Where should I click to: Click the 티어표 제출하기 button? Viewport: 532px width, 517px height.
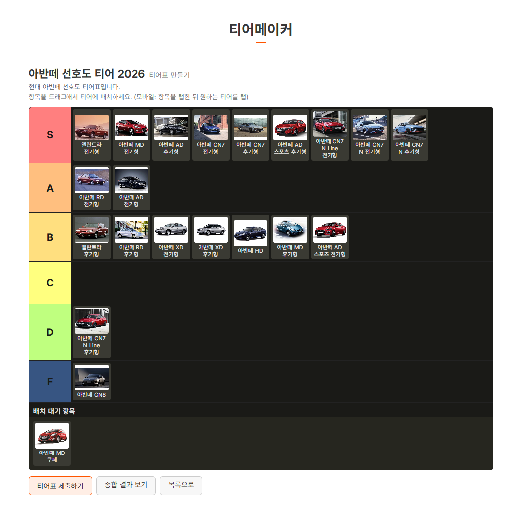61,486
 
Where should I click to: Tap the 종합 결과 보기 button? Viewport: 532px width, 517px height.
126,485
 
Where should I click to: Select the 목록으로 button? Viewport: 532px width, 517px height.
181,485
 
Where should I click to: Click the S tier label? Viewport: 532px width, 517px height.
50,135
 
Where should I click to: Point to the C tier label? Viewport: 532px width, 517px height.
50,283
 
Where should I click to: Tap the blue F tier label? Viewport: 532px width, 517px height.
50,382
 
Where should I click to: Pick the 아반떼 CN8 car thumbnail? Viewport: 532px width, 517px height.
92,378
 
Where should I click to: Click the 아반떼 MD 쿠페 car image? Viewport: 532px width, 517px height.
52,436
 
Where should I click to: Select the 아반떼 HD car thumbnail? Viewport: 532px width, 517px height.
251,233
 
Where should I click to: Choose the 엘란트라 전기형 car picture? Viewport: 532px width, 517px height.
92,128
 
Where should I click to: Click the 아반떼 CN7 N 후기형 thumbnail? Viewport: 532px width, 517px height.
409,128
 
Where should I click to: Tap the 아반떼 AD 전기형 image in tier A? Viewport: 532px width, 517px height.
132,180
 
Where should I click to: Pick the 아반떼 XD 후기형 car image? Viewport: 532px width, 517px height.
211,230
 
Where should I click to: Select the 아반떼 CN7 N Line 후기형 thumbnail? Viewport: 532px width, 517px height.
92,321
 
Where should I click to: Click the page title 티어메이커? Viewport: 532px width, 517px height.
261,29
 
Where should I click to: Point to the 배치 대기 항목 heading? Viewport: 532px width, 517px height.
54,411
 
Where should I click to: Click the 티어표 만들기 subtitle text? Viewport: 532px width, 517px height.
169,75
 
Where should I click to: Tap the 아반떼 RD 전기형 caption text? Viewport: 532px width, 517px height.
92,201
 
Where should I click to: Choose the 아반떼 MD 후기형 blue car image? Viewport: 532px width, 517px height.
290,230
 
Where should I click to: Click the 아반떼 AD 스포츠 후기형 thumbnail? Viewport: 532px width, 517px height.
290,128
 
